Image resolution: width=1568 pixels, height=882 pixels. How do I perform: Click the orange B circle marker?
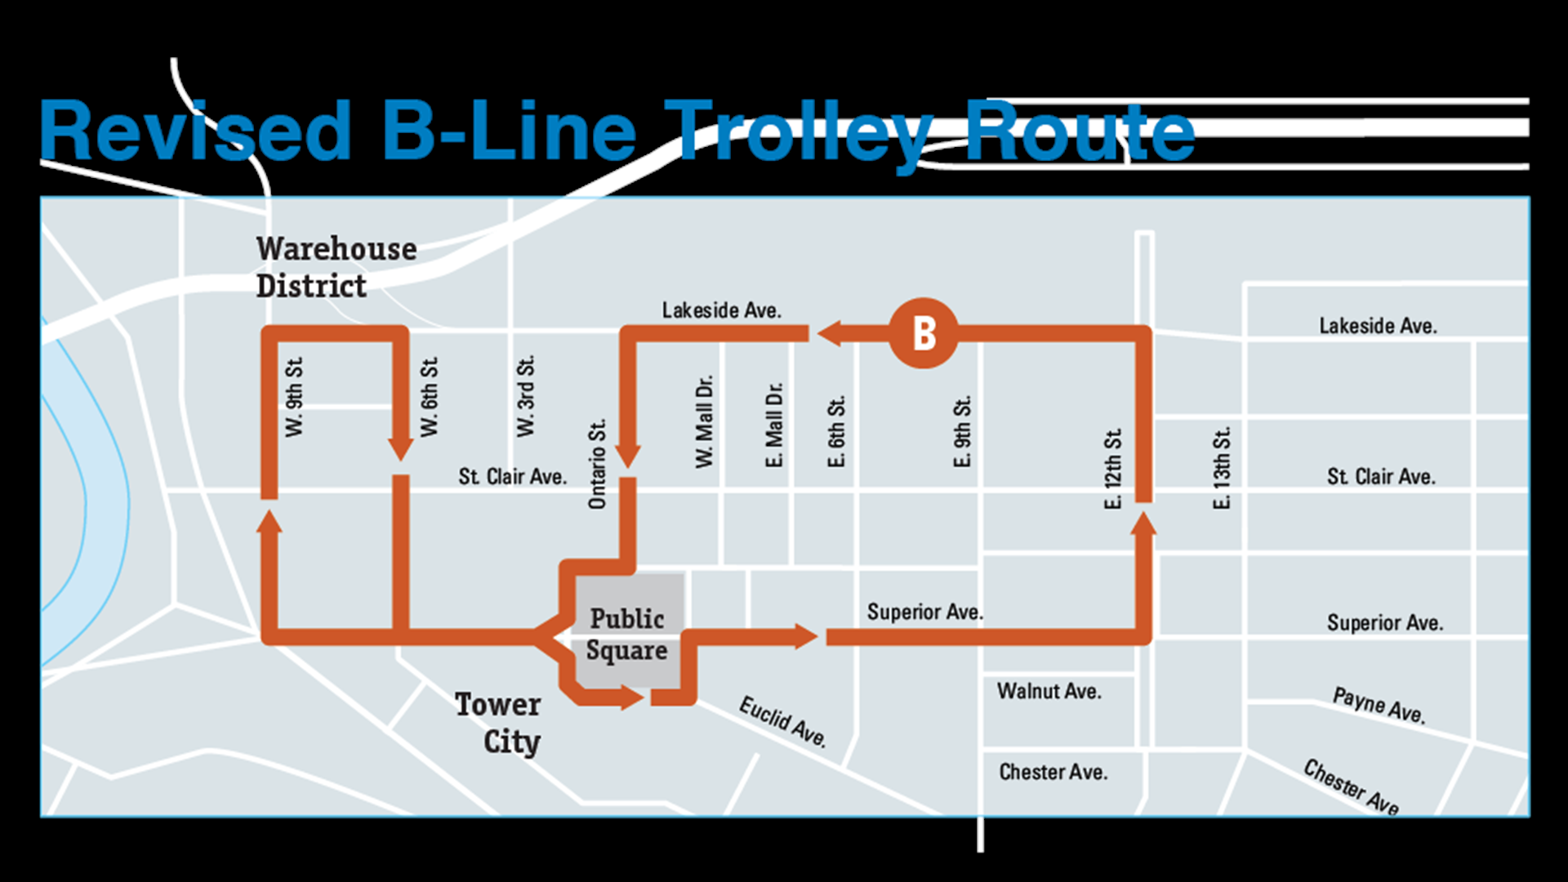[923, 333]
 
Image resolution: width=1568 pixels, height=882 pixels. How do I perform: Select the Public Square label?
[626, 635]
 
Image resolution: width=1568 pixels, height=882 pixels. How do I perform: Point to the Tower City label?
[498, 723]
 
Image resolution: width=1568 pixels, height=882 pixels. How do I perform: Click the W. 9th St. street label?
[294, 397]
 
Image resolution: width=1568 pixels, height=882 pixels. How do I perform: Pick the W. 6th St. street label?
[429, 397]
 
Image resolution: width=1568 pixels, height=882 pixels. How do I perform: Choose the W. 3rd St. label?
[525, 396]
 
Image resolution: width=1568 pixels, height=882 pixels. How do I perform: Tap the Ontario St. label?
[597, 464]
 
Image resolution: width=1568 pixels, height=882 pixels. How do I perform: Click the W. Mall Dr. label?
[704, 421]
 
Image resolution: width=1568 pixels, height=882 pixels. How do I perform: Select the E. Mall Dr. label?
[773, 425]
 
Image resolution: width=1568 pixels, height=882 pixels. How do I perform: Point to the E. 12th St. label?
[1112, 469]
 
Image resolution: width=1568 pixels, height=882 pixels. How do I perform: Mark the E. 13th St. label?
[1221, 469]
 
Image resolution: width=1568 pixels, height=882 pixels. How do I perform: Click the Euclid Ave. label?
[782, 721]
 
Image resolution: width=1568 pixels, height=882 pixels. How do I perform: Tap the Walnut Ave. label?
[1049, 692]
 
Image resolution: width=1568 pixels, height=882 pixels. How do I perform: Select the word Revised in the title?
[196, 131]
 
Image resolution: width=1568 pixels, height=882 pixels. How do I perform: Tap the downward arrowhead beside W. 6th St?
[400, 448]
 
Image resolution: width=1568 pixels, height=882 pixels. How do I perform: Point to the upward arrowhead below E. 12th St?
[1143, 524]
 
